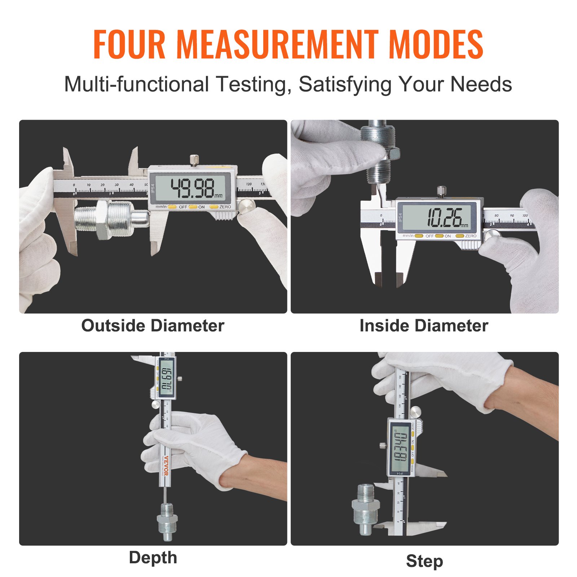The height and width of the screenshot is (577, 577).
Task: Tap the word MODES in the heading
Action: point(436,44)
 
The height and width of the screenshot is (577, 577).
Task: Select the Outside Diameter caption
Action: point(153,326)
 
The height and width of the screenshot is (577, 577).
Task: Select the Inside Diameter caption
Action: point(424,326)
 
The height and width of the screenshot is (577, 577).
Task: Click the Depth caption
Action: point(153,558)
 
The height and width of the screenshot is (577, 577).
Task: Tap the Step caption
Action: point(424,561)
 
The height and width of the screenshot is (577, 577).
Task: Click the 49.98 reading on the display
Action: point(193,188)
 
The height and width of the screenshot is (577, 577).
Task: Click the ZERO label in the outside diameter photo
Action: point(225,207)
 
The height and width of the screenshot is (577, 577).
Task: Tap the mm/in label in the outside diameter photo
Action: point(161,207)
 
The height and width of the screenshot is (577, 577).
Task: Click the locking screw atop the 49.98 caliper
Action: point(194,160)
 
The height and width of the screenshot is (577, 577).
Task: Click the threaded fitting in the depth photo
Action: point(166,521)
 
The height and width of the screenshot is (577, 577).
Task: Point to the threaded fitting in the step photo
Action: point(365,508)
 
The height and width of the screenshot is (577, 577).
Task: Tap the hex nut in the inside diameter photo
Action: point(394,154)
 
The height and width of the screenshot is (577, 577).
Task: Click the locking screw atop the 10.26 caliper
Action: point(441,191)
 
